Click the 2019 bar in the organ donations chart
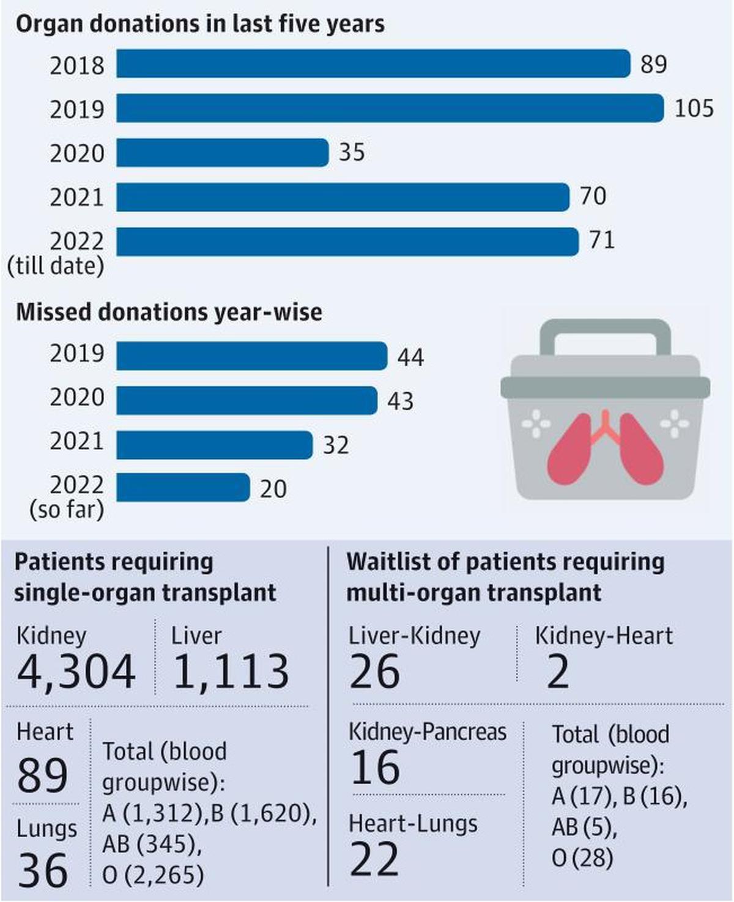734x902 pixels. [x=390, y=108]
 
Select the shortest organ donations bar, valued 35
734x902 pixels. [x=222, y=152]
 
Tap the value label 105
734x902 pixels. [x=694, y=108]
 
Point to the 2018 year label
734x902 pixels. [x=77, y=65]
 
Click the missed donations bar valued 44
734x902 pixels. [x=251, y=356]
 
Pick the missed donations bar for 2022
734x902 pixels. [x=183, y=488]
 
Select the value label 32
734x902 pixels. [x=336, y=445]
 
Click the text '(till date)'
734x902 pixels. [x=56, y=266]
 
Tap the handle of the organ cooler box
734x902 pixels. [x=605, y=333]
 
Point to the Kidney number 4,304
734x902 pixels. [x=76, y=672]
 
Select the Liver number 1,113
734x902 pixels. [x=231, y=672]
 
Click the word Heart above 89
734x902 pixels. [x=45, y=732]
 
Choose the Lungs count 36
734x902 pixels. [x=42, y=870]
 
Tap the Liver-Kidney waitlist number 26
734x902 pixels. [x=374, y=672]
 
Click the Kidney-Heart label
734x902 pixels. [x=603, y=636]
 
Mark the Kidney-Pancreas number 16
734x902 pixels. [x=375, y=768]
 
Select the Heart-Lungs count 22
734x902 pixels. [x=374, y=860]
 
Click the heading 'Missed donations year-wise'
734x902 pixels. [x=169, y=312]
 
